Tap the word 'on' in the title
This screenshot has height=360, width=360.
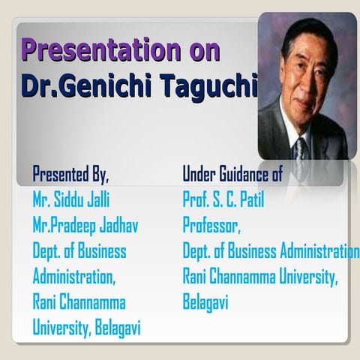[202, 51]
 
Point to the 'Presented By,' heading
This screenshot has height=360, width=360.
[70, 175]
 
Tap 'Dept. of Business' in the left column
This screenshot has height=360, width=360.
[79, 251]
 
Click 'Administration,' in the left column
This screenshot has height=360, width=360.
[73, 277]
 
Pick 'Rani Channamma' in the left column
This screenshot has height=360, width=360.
[79, 302]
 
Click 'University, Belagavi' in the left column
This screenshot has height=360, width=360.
[86, 328]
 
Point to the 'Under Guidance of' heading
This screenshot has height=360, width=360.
[232, 175]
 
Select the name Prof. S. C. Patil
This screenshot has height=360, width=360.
[223, 200]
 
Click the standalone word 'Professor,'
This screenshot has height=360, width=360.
[211, 226]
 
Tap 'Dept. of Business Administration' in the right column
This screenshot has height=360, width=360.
[271, 251]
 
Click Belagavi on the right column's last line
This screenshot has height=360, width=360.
[205, 302]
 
